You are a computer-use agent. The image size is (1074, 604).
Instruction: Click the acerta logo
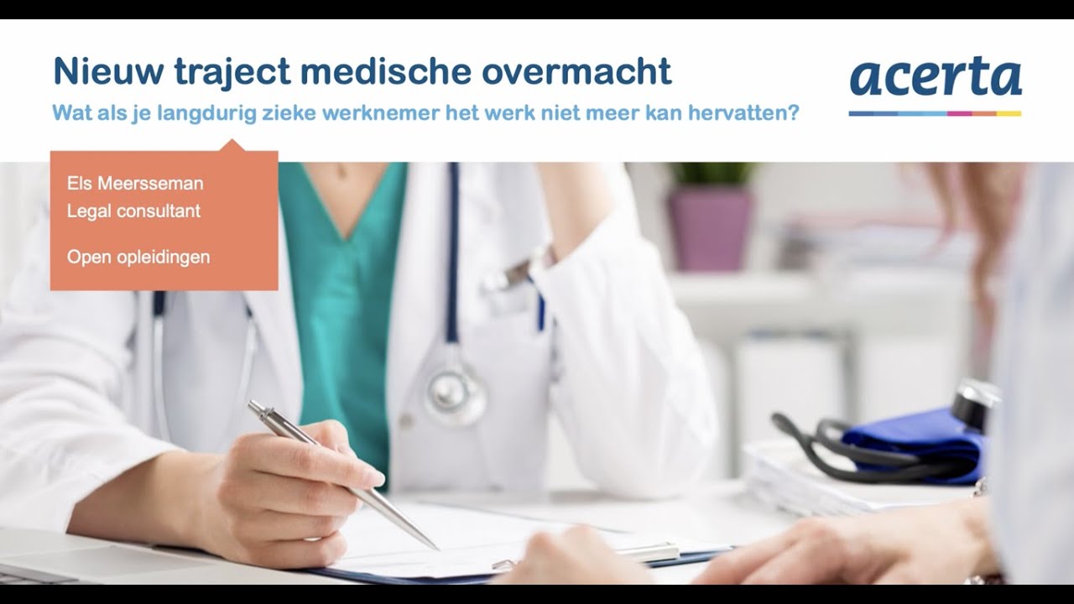(x=935, y=77)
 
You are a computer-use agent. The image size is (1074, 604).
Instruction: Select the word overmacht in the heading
(x=576, y=71)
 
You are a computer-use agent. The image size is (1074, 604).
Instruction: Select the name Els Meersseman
(x=135, y=183)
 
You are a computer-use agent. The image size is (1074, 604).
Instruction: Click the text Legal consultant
(x=133, y=211)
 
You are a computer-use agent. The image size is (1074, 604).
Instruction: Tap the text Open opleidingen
(x=138, y=257)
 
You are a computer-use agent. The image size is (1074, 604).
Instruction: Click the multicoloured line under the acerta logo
(x=935, y=113)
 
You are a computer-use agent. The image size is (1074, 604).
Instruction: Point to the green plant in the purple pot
(x=712, y=174)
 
